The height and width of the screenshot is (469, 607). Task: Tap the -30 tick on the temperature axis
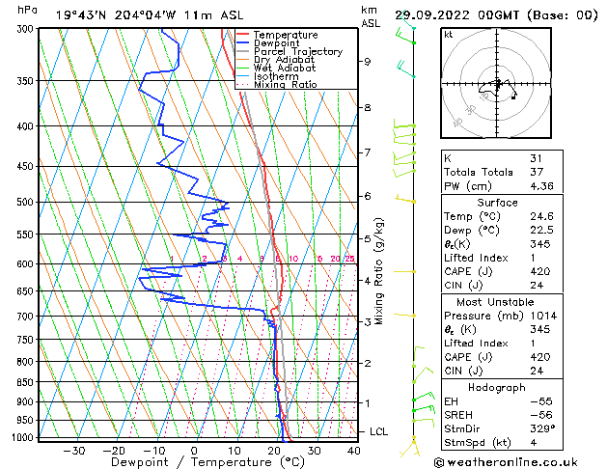[x=74, y=450]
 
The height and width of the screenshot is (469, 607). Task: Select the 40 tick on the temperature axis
[x=353, y=450]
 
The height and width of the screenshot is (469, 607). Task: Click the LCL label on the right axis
[x=378, y=431]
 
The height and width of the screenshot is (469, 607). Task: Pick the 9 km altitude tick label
[x=368, y=62]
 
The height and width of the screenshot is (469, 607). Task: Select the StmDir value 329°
[x=540, y=428]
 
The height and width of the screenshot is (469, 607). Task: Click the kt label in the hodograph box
[x=448, y=35]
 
